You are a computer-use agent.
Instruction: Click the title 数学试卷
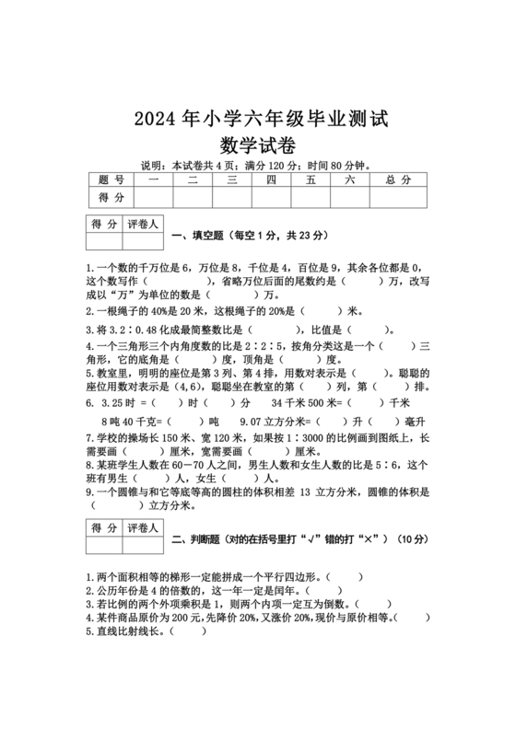pos(258,145)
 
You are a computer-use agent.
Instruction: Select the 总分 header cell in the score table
pos(398,179)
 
